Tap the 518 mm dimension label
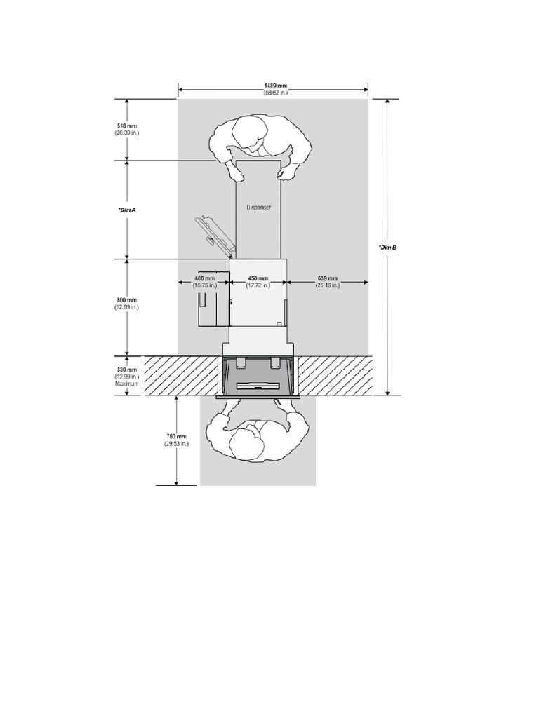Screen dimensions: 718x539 127,126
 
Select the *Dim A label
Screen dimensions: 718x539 127,209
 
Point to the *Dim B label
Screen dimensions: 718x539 387,247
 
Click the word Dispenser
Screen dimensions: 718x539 259,207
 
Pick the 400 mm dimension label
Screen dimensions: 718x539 205,278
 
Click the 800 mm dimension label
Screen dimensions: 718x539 127,300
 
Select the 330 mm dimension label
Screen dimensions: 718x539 127,370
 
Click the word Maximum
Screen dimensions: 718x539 127,384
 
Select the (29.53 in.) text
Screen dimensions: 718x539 175,444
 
